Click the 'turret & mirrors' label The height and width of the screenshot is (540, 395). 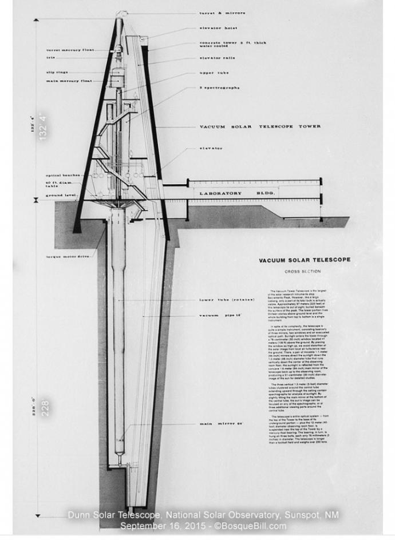[222, 13]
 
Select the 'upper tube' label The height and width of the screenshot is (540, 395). [215, 73]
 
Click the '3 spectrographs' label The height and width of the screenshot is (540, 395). [219, 88]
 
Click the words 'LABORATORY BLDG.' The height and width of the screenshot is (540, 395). [237, 193]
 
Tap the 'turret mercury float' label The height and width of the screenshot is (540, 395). [70, 50]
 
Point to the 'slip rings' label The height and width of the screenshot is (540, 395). [58, 72]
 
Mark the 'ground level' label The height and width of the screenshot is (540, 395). [61, 194]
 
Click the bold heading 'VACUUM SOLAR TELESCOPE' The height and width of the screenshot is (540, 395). [305, 260]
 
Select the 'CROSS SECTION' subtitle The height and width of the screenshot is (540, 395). [302, 271]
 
